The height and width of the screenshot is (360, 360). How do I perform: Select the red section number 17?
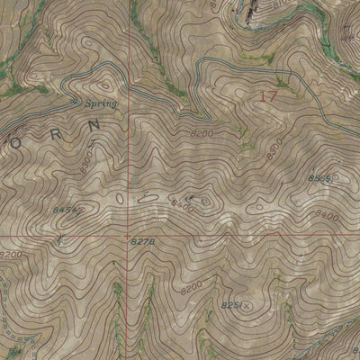coord(267,94)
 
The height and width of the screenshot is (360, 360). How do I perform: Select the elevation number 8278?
coord(143,243)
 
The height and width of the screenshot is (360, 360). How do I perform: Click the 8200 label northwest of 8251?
coord(192,288)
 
